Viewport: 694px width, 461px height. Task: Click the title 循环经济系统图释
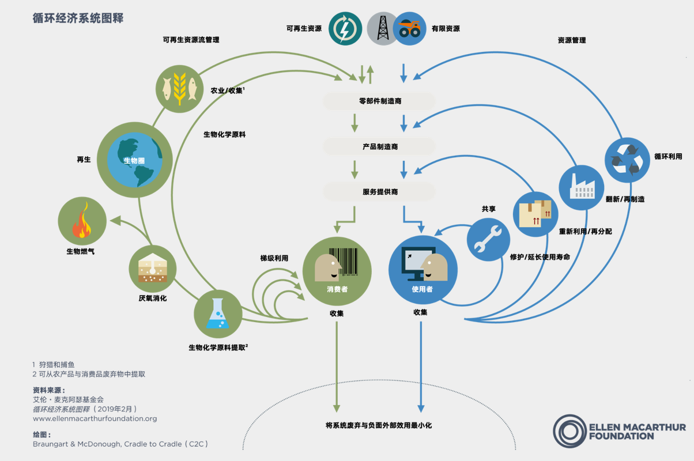pos(78,18)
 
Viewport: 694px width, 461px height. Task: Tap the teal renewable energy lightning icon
pos(345,28)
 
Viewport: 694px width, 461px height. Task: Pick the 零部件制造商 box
pos(379,101)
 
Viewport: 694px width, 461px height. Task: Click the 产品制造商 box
pos(379,147)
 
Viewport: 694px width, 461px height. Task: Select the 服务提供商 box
pos(379,192)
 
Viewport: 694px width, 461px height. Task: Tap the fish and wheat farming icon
pos(180,88)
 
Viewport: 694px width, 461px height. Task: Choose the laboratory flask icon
pos(218,313)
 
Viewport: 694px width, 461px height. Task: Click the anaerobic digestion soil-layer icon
pos(152,269)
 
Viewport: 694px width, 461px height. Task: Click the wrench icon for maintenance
pos(488,240)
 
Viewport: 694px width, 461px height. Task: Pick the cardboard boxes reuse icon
pos(535,214)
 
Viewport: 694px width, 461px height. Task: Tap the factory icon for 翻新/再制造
pos(581,186)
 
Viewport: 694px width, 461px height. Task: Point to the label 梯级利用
pos(274,258)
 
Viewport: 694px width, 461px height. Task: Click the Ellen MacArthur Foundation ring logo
pos(569,430)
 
